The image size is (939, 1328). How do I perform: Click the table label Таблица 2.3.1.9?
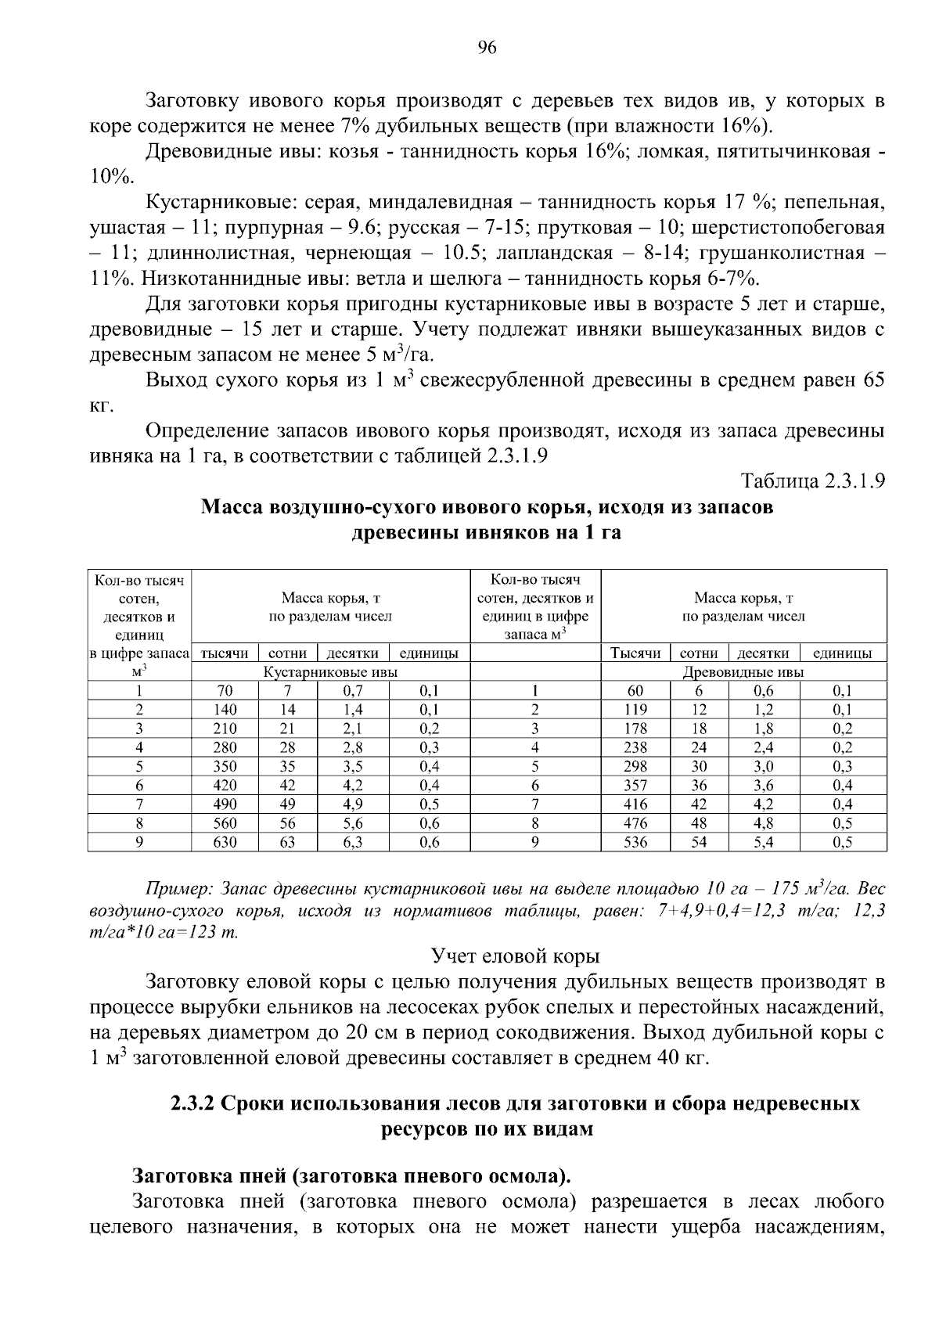pos(812,480)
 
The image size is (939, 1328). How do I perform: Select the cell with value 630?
pos(225,842)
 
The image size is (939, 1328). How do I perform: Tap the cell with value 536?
pos(635,842)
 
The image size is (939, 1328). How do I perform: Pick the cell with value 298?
pos(635,766)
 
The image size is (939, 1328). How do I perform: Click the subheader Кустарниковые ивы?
pos(330,671)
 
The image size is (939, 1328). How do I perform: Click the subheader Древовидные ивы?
pos(743,671)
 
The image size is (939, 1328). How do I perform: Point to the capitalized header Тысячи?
pos(635,653)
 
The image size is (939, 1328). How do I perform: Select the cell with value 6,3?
pos(353,842)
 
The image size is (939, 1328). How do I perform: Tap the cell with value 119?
pos(635,710)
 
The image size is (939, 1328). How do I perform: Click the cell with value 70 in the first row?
pos(225,690)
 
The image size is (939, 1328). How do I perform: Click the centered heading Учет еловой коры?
pos(516,956)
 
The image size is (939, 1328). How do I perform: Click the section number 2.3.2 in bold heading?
pos(194,1103)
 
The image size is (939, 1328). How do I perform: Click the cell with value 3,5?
pos(353,766)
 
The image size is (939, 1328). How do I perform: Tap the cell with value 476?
pos(635,823)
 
